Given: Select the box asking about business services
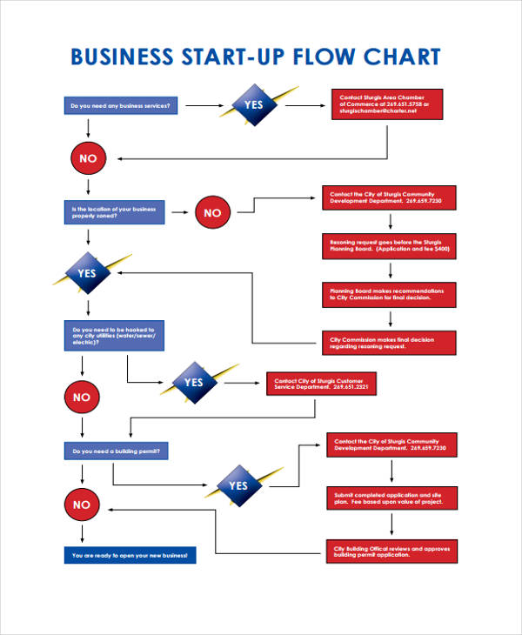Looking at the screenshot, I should point(122,106).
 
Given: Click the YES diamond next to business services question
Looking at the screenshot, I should point(252,104).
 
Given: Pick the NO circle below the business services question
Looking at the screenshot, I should point(88,158).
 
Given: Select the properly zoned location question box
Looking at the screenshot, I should point(114,212).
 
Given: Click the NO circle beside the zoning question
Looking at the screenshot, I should point(212,212).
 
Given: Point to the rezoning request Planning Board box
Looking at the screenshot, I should point(388,244).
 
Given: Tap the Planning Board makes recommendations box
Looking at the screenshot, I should point(388,294).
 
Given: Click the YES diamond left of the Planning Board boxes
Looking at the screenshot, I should point(88,273).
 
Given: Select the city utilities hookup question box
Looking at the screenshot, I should point(114,337).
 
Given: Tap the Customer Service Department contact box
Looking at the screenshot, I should point(321,384).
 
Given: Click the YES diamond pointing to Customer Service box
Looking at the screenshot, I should point(193,383).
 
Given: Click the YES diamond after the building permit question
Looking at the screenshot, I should point(238,486).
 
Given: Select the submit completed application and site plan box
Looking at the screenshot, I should point(391,498).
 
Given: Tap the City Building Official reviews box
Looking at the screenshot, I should point(391,551).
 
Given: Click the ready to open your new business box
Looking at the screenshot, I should point(130,555).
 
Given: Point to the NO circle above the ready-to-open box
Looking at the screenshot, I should point(82,505).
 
